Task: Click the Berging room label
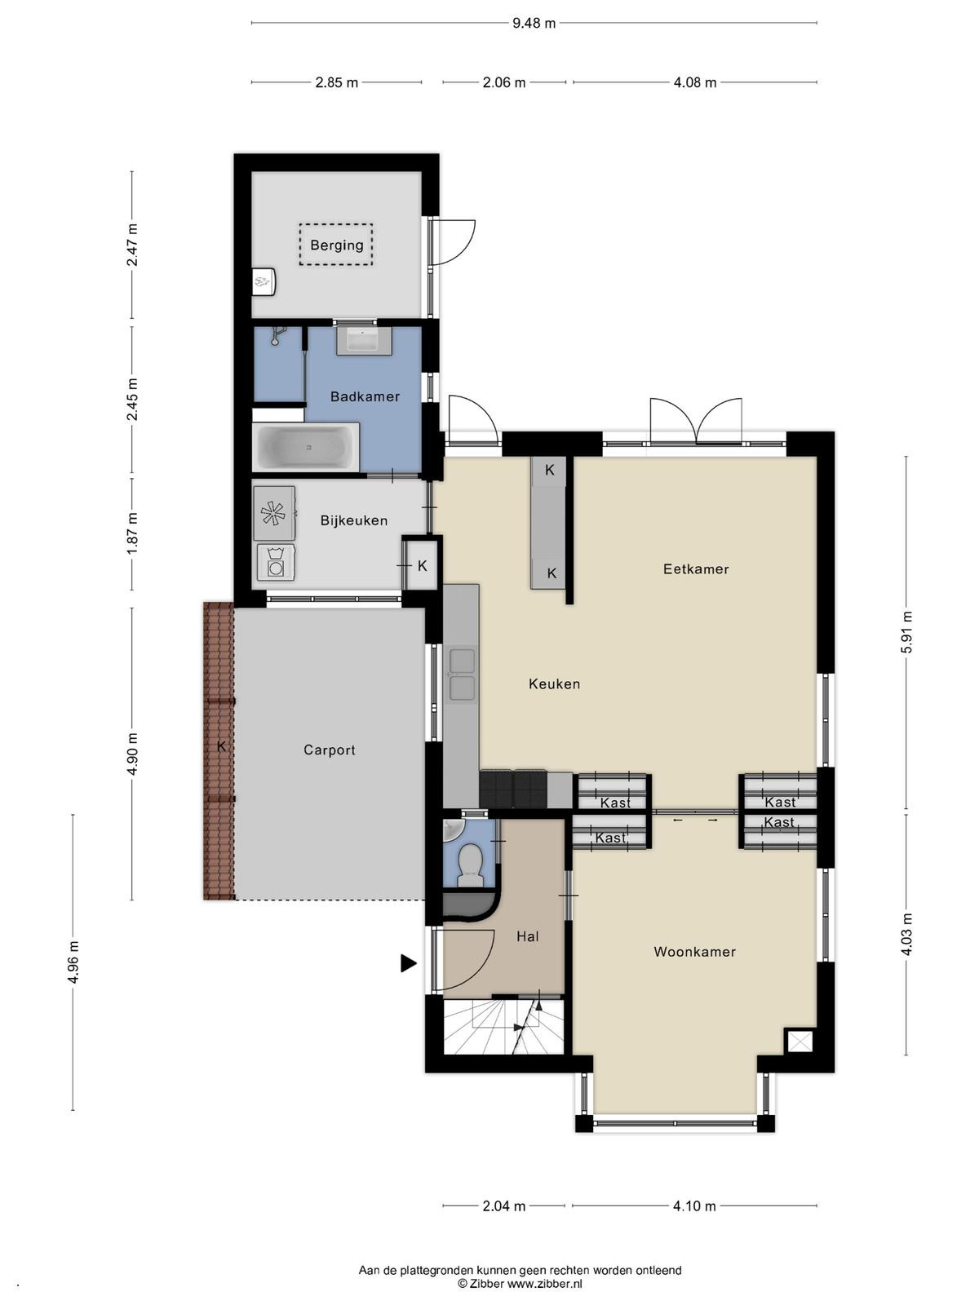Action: [x=336, y=245]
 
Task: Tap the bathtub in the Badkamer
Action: [x=305, y=446]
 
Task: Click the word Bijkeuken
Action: [x=354, y=520]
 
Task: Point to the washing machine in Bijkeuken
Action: [x=276, y=562]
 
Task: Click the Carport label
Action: [x=330, y=750]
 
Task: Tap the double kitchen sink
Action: [x=462, y=675]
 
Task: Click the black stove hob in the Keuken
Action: [x=513, y=789]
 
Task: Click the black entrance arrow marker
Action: [x=409, y=963]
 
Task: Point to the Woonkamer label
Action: [x=694, y=951]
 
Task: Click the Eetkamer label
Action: [x=695, y=569]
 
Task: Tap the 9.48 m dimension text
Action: [x=534, y=23]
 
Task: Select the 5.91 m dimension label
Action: [x=906, y=632]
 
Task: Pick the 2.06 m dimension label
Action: [x=504, y=82]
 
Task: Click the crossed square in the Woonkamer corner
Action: [x=800, y=1041]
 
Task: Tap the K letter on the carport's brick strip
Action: [x=221, y=745]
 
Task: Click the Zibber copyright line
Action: [x=520, y=1284]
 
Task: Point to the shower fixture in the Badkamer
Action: [x=277, y=335]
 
